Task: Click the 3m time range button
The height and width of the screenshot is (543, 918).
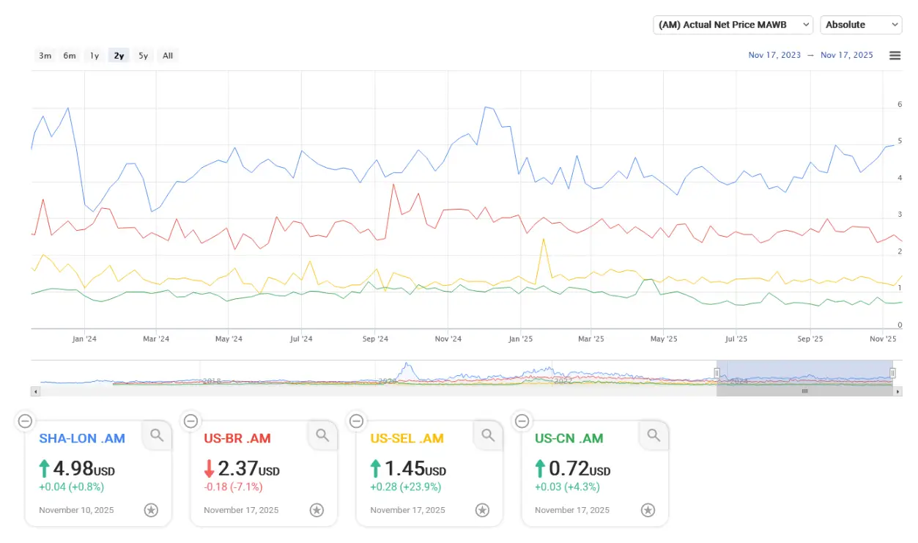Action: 45,56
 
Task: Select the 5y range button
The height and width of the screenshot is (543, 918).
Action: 143,56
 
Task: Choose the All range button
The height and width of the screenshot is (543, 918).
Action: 168,56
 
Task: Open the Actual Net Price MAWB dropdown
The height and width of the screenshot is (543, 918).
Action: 733,25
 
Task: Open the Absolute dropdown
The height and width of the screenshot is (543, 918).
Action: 861,25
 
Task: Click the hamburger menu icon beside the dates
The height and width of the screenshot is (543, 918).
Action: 895,56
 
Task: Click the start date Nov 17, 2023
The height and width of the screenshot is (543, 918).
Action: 774,56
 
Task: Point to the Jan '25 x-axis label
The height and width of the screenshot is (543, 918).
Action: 520,339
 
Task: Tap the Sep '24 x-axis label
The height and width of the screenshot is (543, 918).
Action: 374,339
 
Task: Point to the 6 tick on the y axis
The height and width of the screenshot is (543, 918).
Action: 900,105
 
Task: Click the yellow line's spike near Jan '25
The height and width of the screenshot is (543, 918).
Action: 544,239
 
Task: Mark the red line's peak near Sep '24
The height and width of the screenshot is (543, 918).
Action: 393,184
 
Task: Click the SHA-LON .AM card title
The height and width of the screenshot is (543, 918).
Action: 82,439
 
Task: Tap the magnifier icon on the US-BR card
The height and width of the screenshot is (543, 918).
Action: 322,436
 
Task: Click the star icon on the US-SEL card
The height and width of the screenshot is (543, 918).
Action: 482,510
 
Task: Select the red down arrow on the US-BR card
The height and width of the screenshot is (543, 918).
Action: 210,468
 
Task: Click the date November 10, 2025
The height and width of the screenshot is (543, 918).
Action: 76,510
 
